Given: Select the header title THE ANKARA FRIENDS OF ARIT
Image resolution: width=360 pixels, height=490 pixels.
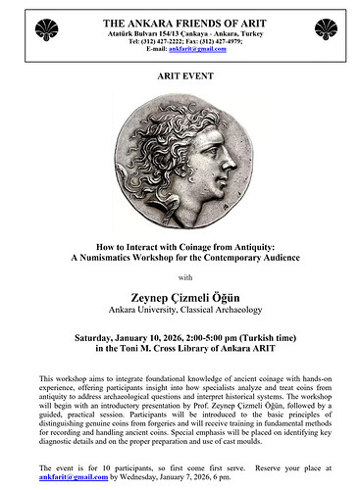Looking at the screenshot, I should pos(180,19).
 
